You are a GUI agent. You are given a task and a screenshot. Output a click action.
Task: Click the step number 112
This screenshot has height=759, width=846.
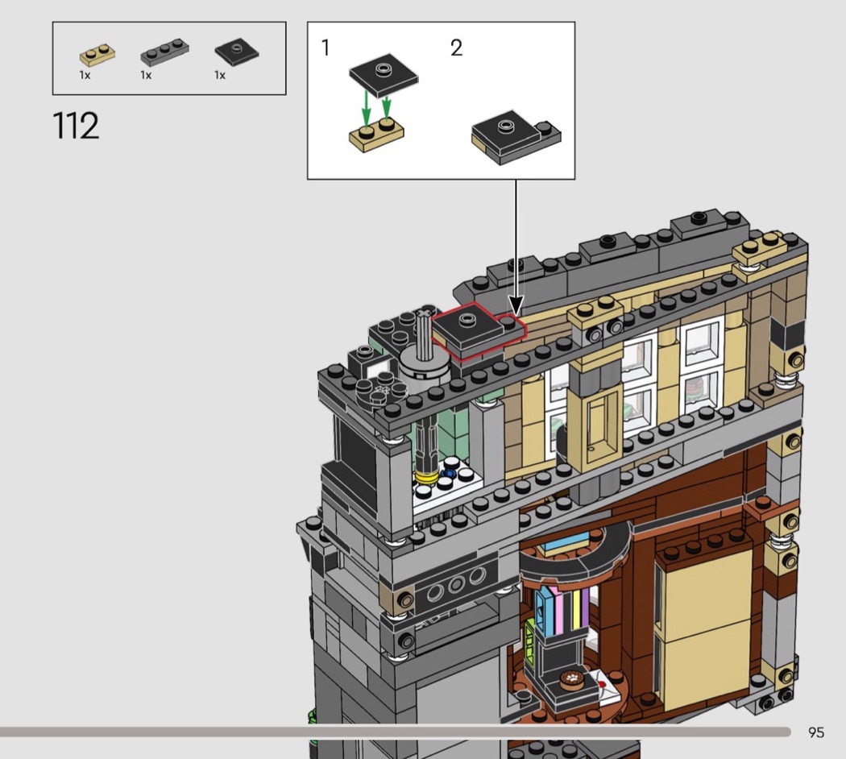[76, 126]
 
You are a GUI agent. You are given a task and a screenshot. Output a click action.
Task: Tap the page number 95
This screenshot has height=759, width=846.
[815, 732]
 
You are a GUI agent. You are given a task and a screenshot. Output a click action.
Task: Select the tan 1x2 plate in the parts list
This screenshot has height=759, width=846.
[97, 55]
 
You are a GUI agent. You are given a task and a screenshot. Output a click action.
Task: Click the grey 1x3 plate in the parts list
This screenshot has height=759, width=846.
[164, 52]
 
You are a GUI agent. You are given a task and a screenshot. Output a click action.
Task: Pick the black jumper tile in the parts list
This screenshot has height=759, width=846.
[236, 52]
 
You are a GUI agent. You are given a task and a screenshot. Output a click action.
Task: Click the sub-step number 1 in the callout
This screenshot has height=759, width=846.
[325, 48]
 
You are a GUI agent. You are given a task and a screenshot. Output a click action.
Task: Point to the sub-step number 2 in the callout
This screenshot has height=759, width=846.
[457, 48]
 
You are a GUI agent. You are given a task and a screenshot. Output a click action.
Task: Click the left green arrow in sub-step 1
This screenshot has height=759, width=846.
[367, 107]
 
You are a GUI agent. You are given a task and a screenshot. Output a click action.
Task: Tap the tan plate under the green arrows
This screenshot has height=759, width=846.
[376, 135]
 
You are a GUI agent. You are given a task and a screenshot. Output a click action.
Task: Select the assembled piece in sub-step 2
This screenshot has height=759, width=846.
[516, 138]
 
